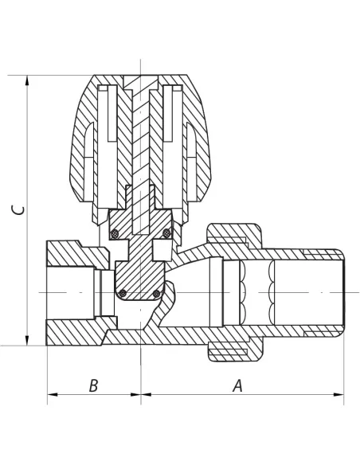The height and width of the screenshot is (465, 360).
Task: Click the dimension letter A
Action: point(237,385)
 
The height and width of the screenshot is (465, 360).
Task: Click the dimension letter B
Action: point(93,385)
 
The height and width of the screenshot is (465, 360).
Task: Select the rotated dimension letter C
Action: point(18,210)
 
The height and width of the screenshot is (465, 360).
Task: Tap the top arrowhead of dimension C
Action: point(27,80)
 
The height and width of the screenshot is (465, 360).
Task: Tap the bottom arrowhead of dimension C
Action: point(27,341)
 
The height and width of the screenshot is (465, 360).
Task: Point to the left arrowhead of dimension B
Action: point(53,394)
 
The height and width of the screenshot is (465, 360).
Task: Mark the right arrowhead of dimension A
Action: point(338,394)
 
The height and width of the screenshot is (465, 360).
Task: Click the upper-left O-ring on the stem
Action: point(115,234)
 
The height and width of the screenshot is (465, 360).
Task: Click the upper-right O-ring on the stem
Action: point(166,233)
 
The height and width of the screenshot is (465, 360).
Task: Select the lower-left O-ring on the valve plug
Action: point(123,294)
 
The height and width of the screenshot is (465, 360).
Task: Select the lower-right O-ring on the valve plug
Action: point(157,294)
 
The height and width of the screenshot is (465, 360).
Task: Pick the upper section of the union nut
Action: point(234,235)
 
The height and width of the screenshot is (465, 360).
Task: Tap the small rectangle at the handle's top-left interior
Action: point(104,88)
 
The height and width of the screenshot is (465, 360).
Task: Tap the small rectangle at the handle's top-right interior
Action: point(178,88)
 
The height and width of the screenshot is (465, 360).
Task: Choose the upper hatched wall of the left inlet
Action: point(78,253)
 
